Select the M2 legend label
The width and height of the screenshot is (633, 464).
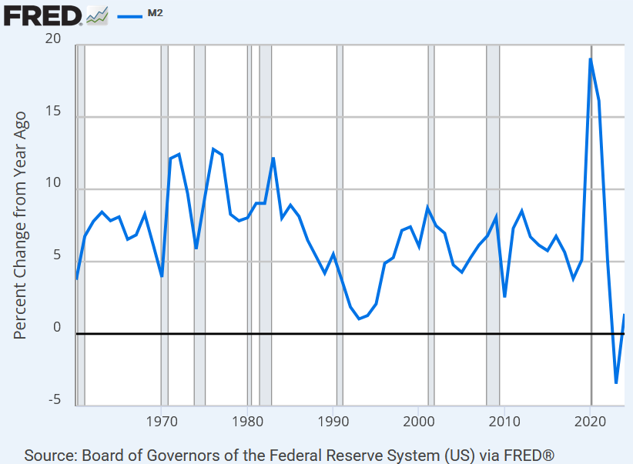(x=155, y=13)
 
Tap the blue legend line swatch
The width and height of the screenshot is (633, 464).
(x=130, y=14)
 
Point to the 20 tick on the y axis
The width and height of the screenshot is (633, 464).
(x=53, y=40)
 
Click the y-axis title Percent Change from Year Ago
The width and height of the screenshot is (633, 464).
(x=21, y=225)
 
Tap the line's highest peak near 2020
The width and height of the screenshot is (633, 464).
(x=591, y=59)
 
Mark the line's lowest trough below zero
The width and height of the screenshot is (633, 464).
(x=616, y=382)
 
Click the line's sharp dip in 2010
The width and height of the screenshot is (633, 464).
(x=504, y=296)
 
